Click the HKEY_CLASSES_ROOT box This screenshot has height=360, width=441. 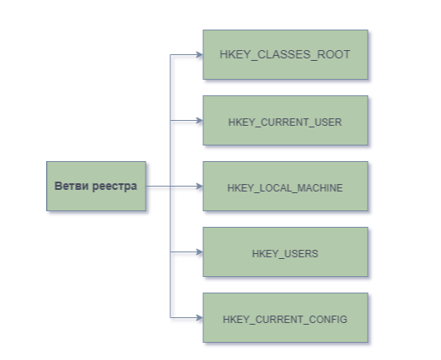pos(285,54)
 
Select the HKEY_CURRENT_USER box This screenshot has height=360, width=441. pos(285,120)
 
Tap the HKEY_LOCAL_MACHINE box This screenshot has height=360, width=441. pos(285,186)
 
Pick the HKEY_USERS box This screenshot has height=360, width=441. pos(285,252)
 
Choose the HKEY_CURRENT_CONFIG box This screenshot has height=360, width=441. pos(285,317)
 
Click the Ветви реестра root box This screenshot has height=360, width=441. pos(96,186)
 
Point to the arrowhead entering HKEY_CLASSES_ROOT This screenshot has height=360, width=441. pos(200,55)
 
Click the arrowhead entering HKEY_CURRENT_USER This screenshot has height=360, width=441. pos(200,121)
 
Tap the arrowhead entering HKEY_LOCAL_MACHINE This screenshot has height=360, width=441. pos(200,186)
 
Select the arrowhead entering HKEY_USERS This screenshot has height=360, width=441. pos(200,252)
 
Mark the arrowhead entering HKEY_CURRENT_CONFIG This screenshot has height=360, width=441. pos(200,318)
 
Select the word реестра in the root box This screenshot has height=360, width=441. pos(114,187)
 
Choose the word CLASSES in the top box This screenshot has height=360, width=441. pos(284,54)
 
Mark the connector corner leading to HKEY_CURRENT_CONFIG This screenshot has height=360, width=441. pos(170,318)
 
